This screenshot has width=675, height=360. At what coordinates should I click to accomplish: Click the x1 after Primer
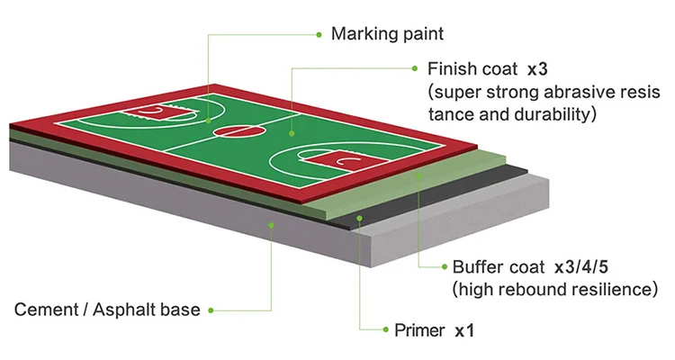pyautogui.click(x=464, y=330)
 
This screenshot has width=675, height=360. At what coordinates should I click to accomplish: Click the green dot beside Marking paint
pyautogui.click(x=319, y=34)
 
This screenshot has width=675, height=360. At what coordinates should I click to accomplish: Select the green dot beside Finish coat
pyautogui.click(x=414, y=68)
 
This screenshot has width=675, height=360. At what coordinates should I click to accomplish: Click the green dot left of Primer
pyautogui.click(x=383, y=330)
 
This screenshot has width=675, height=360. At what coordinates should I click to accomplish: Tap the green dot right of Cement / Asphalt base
pyautogui.click(x=211, y=310)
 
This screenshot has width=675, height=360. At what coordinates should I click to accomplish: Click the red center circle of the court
pyautogui.click(x=230, y=132)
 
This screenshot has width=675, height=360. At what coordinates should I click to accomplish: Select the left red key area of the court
pyautogui.click(x=152, y=112)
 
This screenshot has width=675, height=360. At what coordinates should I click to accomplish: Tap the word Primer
pyautogui.click(x=419, y=330)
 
